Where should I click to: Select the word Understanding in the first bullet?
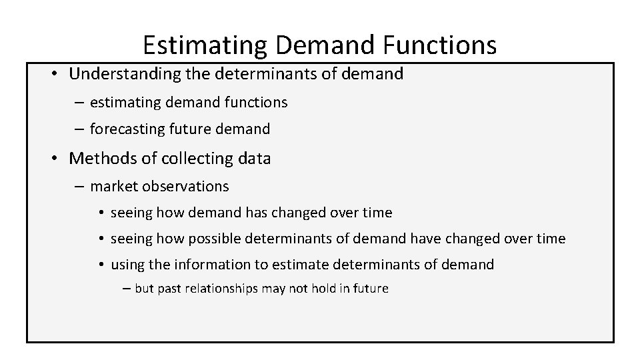[x=117, y=74]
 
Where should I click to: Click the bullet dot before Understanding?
[x=53, y=74]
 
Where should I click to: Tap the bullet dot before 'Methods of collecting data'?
[x=53, y=158]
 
